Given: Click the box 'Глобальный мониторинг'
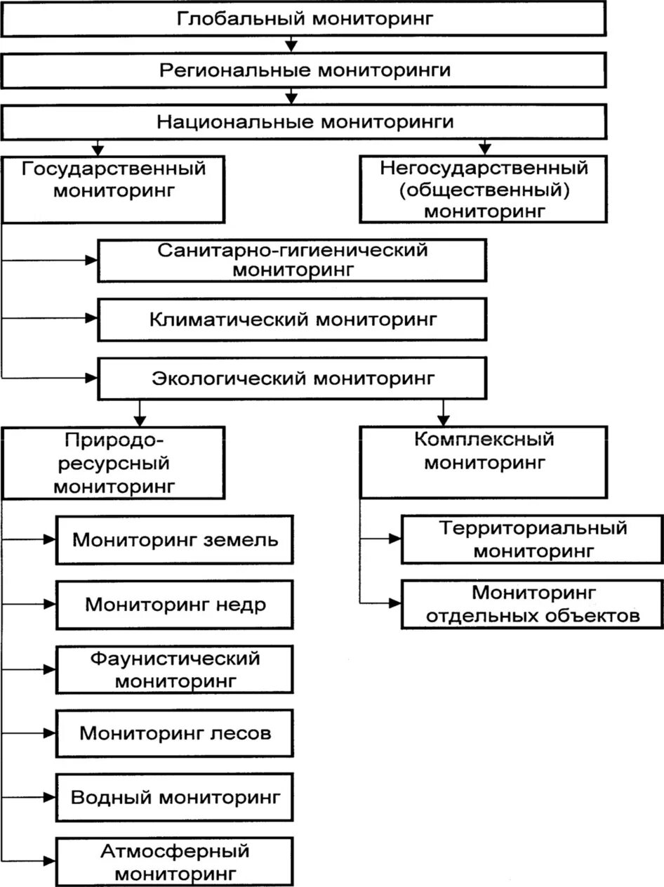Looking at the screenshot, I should [x=303, y=18].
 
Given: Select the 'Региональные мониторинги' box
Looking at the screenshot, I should [x=303, y=70].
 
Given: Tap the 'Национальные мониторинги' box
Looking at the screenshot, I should [x=303, y=121].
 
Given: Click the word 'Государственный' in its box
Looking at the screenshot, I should [x=114, y=169].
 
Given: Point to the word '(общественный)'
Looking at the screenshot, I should [x=484, y=189].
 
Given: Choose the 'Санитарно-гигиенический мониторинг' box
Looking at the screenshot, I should [x=291, y=260].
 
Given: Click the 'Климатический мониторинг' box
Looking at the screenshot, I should [x=291, y=320].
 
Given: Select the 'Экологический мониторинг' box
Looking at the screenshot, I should [x=291, y=379].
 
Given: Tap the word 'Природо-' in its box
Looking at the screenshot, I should [x=114, y=441].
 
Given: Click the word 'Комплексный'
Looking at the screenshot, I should [x=484, y=440].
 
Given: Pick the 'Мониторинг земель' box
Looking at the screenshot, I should [x=175, y=540].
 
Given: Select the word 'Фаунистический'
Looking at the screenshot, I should [x=175, y=659].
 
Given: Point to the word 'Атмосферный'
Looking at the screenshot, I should [x=175, y=852].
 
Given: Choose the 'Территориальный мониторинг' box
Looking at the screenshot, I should [x=533, y=539].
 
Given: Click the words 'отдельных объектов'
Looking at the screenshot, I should [x=533, y=616].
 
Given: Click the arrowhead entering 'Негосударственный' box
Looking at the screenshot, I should [x=484, y=150].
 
